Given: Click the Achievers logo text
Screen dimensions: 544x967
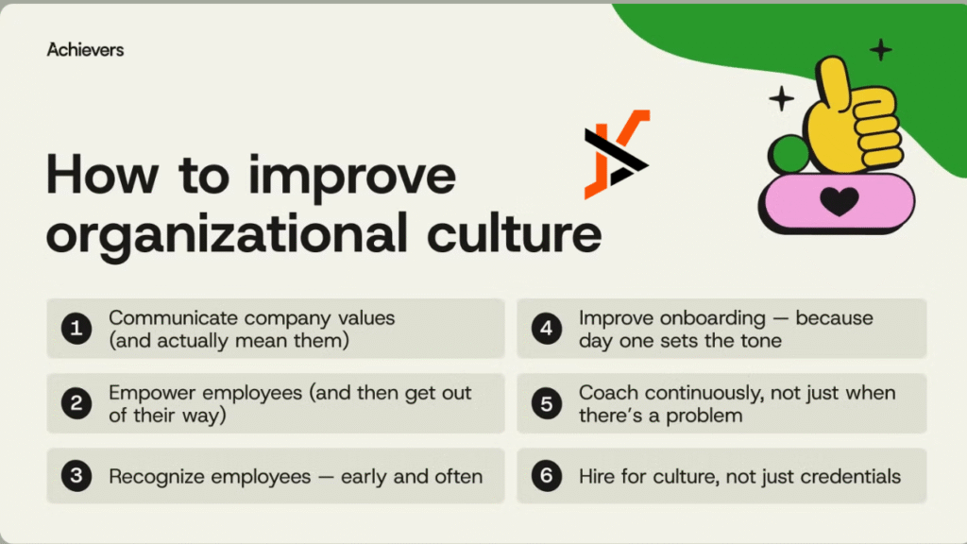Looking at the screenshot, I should coord(85,49).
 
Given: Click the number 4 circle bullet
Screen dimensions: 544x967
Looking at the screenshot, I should coord(546,329).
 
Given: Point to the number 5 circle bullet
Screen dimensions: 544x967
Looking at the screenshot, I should coord(546,403).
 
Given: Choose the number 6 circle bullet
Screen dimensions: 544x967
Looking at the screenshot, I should coord(546,476).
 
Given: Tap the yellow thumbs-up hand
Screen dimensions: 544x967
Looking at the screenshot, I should coord(850,118).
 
